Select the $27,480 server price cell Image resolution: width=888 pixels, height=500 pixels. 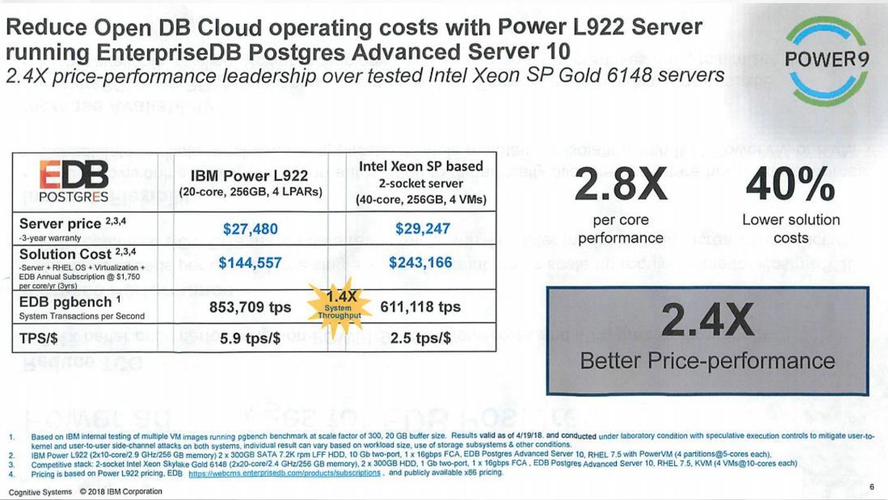click(250, 229)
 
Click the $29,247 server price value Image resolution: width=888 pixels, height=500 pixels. click(422, 229)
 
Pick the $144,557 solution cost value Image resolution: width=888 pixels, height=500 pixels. click(250, 263)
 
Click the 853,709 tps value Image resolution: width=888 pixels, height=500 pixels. click(250, 307)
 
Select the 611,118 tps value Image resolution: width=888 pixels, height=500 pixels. click(420, 307)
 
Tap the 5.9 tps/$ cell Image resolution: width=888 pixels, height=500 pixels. click(250, 338)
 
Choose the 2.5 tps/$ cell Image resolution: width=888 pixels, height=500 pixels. click(420, 338)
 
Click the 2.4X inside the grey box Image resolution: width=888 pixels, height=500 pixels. click(707, 321)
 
